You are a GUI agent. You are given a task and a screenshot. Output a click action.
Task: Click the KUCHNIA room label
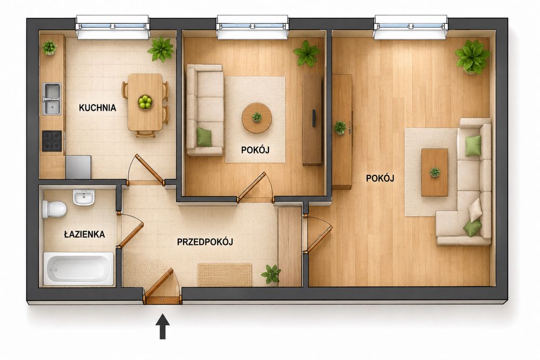pyautogui.click(x=97, y=108)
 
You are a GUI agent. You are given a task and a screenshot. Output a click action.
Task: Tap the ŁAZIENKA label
pyautogui.click(x=84, y=234)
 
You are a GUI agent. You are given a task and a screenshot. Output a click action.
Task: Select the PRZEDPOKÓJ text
pyautogui.click(x=205, y=242)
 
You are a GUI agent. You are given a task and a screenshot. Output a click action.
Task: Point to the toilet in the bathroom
pyautogui.click(x=54, y=209)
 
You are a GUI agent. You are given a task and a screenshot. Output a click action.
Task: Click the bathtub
pyautogui.click(x=78, y=269)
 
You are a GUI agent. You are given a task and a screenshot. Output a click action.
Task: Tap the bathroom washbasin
pyautogui.click(x=83, y=197)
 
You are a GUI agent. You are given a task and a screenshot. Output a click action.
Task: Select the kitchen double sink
pyautogui.click(x=52, y=99)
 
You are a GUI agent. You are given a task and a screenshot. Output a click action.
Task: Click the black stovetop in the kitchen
pyautogui.click(x=52, y=141)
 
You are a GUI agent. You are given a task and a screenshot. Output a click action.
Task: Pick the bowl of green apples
pyautogui.click(x=145, y=102)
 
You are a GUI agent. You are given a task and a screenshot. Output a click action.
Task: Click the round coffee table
pyautogui.click(x=256, y=118)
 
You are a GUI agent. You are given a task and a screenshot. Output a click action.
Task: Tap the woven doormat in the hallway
pyautogui.click(x=225, y=275)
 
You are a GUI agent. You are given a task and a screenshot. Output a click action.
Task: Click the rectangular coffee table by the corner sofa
pyautogui.click(x=435, y=172)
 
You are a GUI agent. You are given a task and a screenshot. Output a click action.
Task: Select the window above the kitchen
pyautogui.click(x=113, y=27)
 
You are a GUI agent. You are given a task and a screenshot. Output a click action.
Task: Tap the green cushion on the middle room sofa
pyautogui.click(x=204, y=137)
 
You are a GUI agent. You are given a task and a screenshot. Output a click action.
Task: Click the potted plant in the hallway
pyautogui.click(x=271, y=274)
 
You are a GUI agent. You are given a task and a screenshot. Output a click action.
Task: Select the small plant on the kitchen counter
pyautogui.click(x=50, y=47)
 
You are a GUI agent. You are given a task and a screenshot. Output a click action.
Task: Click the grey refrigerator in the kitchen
pyautogui.click(x=78, y=167)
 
